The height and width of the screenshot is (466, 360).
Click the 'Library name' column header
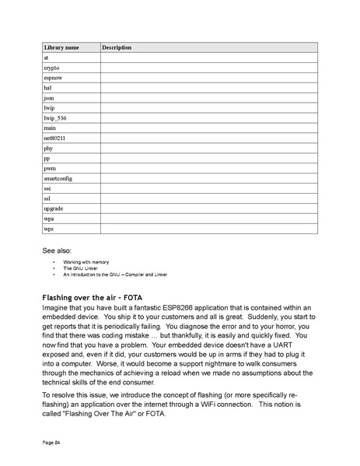pos(61,47)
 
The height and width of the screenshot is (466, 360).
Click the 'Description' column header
pos(117,47)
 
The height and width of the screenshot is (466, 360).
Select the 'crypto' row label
pos(51,68)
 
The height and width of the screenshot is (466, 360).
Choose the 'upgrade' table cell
pos(54,208)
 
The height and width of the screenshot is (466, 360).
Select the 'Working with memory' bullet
pos(86,263)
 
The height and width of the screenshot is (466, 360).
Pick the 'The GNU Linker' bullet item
pos(81,268)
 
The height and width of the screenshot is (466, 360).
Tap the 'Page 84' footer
pos(51,442)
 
